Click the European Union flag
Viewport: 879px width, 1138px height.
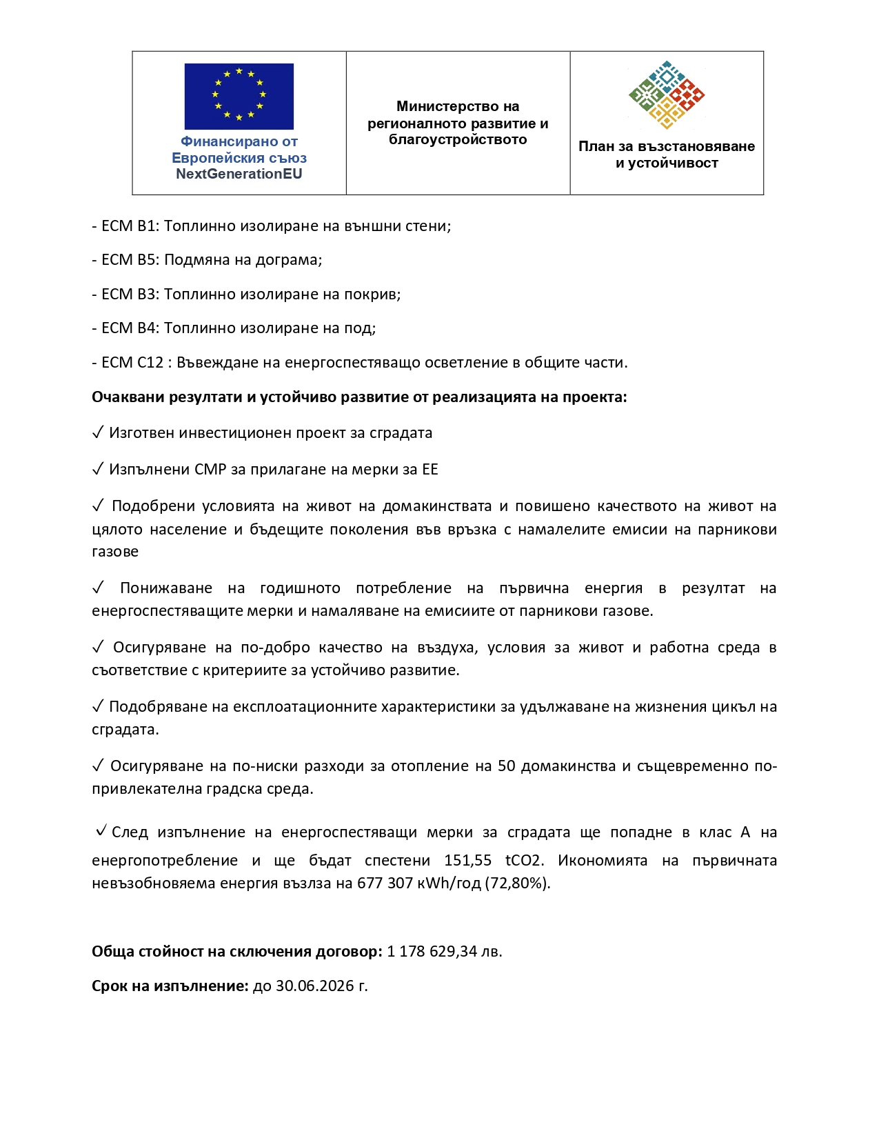pyautogui.click(x=239, y=96)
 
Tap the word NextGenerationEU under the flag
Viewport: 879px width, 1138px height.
pyautogui.click(x=239, y=174)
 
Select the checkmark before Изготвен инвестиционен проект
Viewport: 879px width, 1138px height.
pyautogui.click(x=97, y=432)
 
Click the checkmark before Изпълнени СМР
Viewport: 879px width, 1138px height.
pyautogui.click(x=97, y=469)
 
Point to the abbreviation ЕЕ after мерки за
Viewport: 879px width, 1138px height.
pyautogui.click(x=430, y=470)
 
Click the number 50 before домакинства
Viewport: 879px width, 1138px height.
pyautogui.click(x=506, y=766)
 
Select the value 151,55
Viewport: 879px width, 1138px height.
pyautogui.click(x=467, y=861)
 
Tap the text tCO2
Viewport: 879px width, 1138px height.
pyautogui.click(x=524, y=861)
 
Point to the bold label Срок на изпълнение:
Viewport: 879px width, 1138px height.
pyautogui.click(x=170, y=986)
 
